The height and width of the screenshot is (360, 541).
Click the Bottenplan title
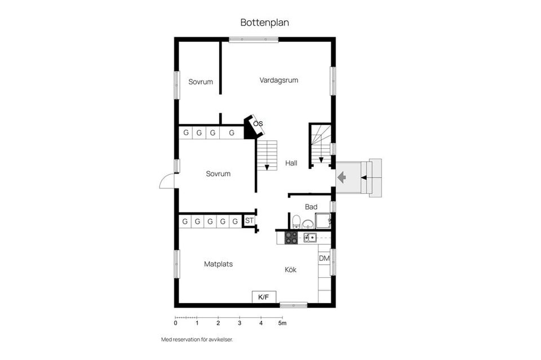(x=265, y=23)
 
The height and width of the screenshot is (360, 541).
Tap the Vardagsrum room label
(x=279, y=81)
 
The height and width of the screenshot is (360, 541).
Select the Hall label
(x=291, y=163)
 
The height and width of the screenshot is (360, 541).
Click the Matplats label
(x=219, y=264)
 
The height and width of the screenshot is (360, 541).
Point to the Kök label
(x=291, y=270)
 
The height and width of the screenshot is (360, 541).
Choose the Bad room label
(x=311, y=207)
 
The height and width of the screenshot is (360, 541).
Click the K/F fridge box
(x=264, y=297)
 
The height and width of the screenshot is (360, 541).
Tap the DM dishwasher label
(x=325, y=258)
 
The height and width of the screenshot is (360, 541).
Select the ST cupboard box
(x=249, y=221)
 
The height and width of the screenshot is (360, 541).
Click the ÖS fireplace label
(x=258, y=123)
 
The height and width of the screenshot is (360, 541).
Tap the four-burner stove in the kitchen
(x=291, y=238)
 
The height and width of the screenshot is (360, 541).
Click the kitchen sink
(x=310, y=237)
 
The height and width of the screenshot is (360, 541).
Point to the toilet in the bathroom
(x=296, y=221)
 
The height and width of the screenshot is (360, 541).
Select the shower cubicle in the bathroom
(x=323, y=221)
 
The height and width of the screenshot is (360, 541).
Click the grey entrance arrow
(x=342, y=177)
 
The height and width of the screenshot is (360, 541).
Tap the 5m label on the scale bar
(x=282, y=323)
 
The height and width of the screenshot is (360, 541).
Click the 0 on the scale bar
(x=176, y=323)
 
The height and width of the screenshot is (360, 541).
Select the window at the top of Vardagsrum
(x=254, y=39)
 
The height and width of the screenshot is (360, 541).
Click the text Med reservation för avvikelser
(x=197, y=340)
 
